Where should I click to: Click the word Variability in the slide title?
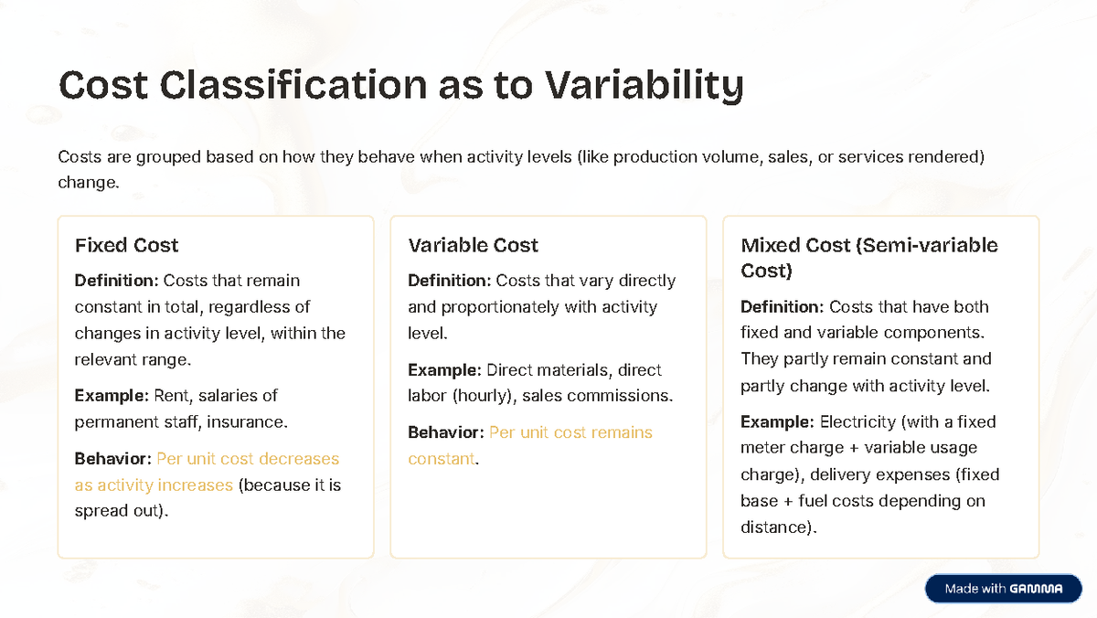tap(644, 86)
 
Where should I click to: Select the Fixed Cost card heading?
tap(126, 245)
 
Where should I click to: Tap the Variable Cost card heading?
tap(473, 245)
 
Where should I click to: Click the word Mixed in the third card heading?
tap(770, 245)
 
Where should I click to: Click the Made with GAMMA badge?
tap(1004, 589)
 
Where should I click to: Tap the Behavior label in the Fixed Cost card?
tap(113, 459)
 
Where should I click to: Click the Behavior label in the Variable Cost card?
tap(446, 432)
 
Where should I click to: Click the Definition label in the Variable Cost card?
tap(449, 281)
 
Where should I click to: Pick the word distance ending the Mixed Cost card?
tap(776, 527)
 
